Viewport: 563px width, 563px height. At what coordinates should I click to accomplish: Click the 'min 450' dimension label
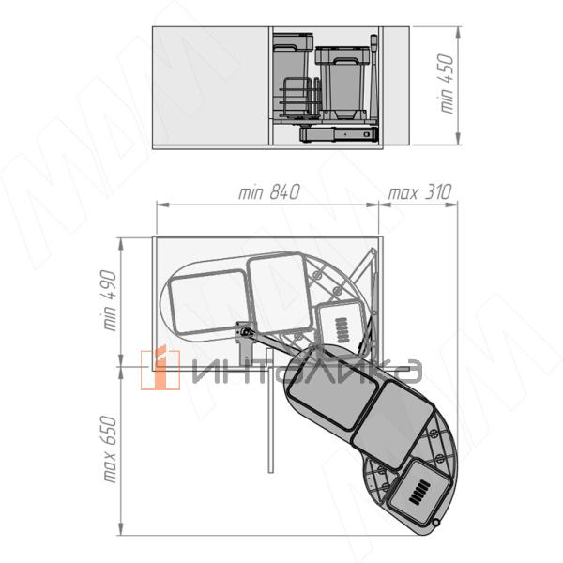(x=447, y=84)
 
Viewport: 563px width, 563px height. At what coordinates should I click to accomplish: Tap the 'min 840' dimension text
(x=269, y=192)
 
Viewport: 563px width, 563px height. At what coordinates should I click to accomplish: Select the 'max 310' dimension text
(x=419, y=192)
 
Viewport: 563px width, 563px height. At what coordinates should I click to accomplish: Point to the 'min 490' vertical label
(x=110, y=300)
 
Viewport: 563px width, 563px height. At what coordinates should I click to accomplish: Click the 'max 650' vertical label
(x=110, y=449)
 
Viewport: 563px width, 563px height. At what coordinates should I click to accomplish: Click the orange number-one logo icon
(x=160, y=369)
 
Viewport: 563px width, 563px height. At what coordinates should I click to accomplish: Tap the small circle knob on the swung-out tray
(x=436, y=523)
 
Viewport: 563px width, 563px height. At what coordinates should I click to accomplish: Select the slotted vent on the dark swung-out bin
(x=419, y=493)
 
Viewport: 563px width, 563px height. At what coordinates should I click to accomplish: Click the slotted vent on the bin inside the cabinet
(x=342, y=329)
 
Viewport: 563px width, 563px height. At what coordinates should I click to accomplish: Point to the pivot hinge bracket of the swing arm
(x=243, y=333)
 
